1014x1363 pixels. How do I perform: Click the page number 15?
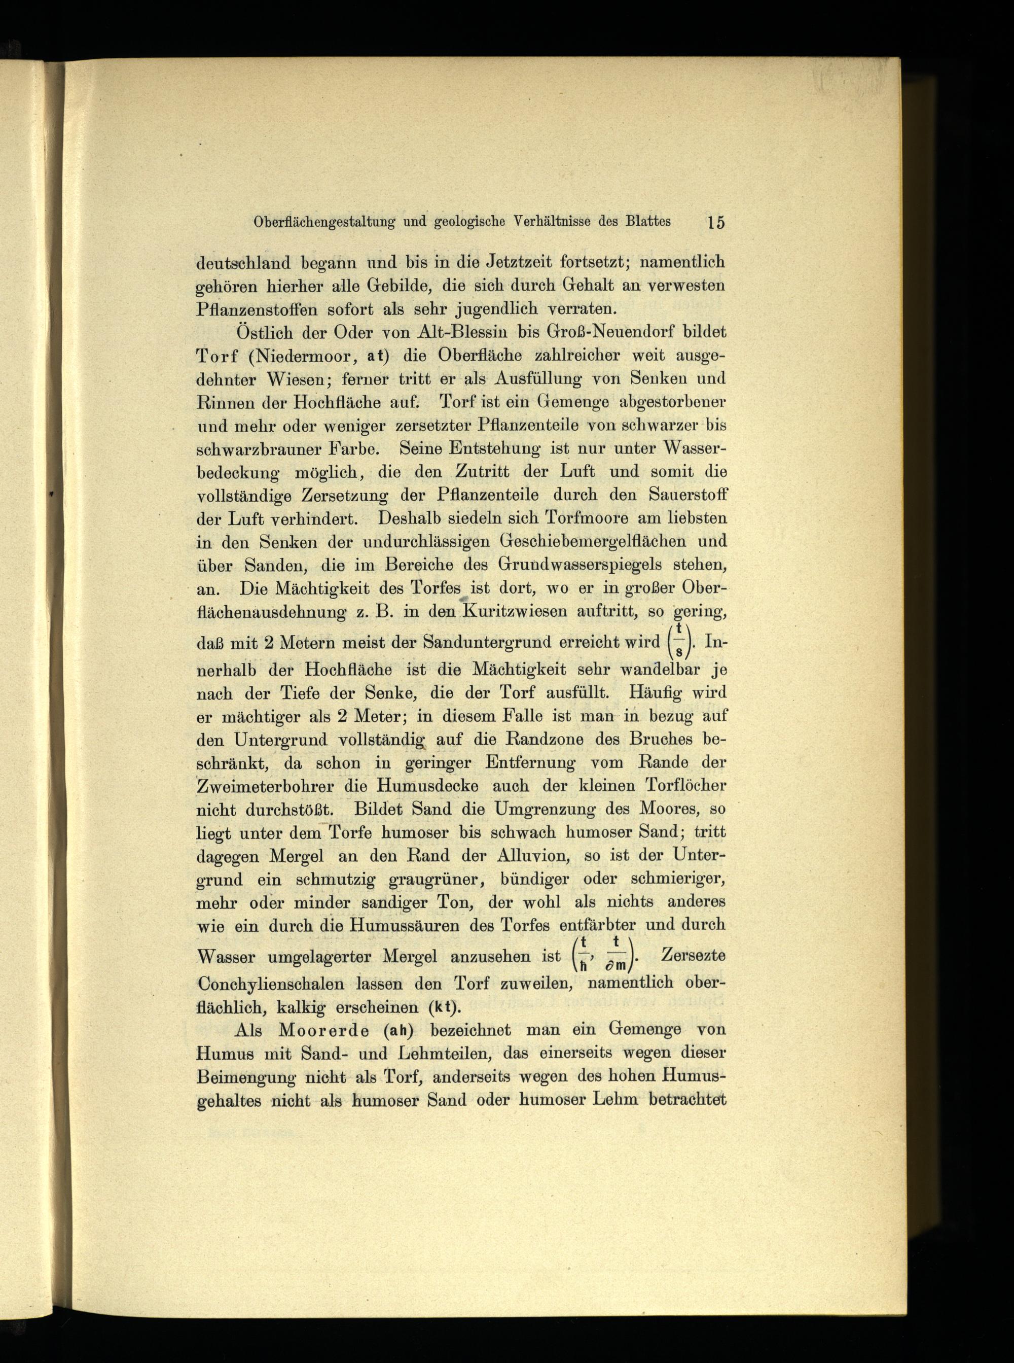click(716, 222)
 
